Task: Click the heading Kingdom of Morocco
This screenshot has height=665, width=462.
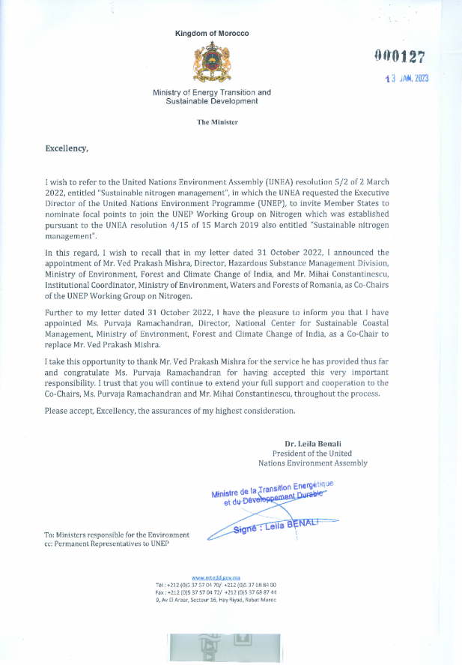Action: [x=212, y=34]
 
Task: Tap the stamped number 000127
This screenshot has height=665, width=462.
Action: [x=401, y=56]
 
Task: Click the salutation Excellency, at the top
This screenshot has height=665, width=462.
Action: [x=67, y=148]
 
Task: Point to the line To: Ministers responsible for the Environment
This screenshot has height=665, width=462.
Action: [x=117, y=535]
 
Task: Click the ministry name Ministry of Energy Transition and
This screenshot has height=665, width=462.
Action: [x=212, y=93]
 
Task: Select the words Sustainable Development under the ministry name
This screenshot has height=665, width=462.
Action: [x=212, y=101]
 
